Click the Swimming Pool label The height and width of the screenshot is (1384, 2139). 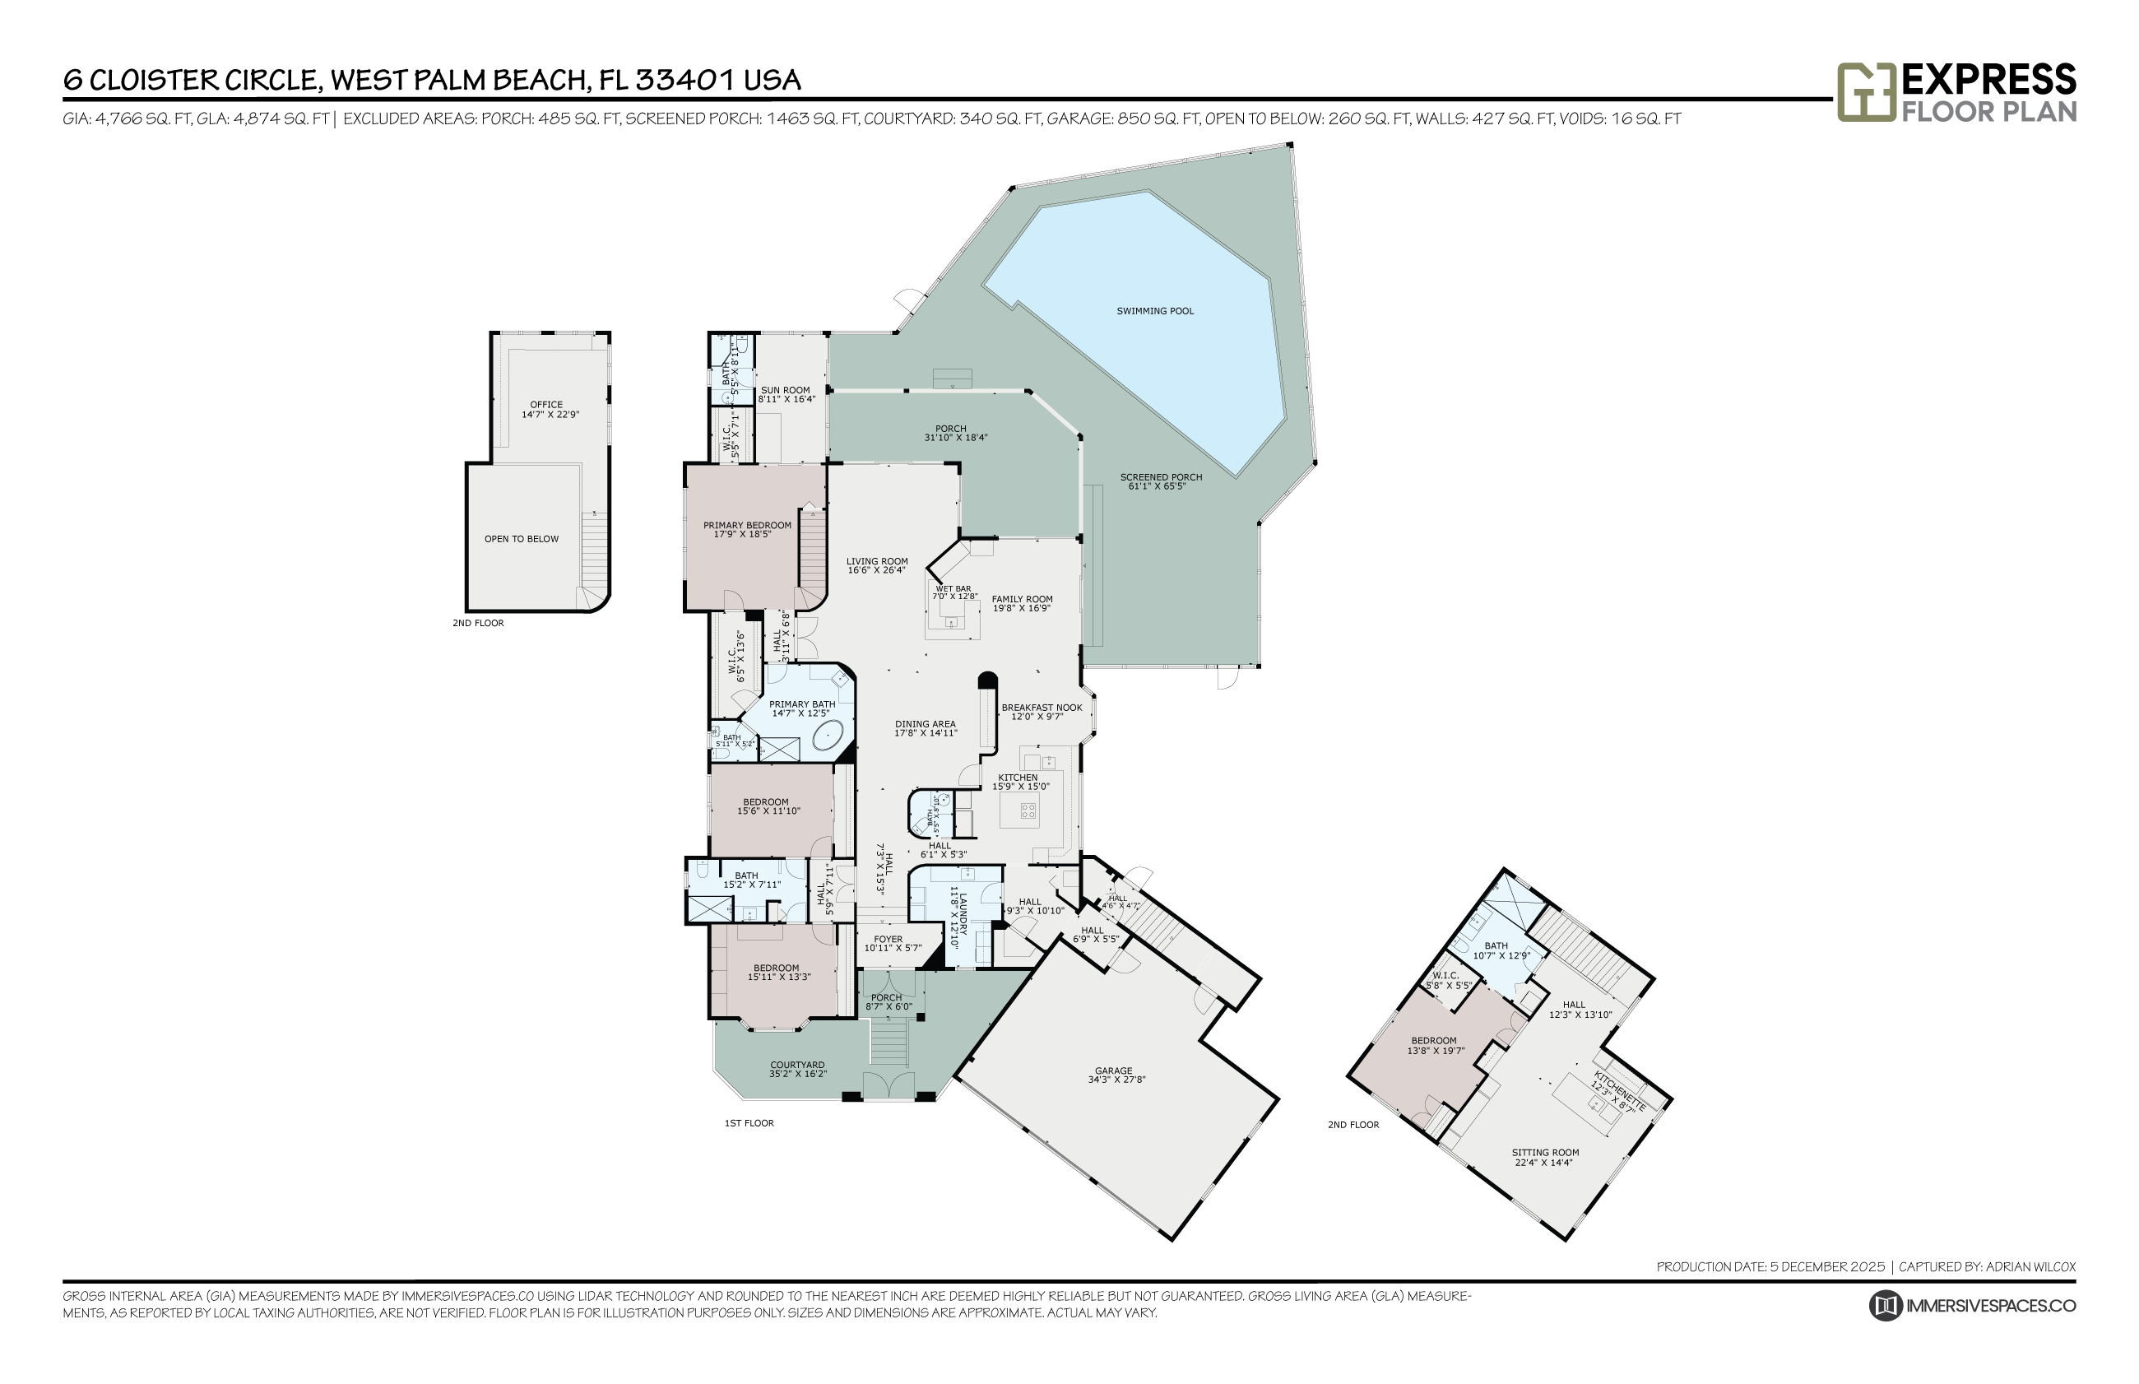1154,311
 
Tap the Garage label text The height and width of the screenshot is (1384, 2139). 1113,1071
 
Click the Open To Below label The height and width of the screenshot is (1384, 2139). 521,539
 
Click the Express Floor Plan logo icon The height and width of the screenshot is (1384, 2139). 1866,91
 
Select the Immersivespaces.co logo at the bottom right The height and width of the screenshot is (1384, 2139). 1974,1306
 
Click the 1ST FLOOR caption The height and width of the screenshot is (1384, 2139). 749,1123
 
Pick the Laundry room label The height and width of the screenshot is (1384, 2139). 958,917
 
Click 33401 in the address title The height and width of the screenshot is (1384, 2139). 685,80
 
